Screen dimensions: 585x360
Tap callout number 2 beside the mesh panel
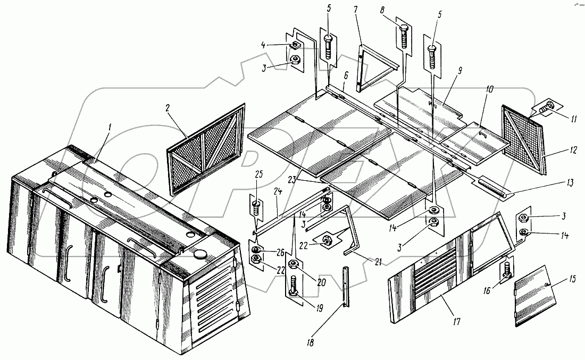[168, 108]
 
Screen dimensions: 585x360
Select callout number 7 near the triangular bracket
[356, 10]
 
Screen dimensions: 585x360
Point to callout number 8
[382, 10]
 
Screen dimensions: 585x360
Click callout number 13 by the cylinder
[570, 183]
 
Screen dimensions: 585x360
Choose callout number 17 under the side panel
[456, 321]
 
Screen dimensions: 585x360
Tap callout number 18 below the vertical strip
[311, 342]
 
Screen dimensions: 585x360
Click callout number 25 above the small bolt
[260, 174]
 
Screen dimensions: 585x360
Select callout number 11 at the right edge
[573, 119]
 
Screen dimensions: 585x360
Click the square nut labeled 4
[295, 45]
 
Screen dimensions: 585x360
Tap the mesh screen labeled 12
[523, 140]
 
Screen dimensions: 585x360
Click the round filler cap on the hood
[200, 254]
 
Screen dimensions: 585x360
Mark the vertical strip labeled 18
[346, 287]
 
